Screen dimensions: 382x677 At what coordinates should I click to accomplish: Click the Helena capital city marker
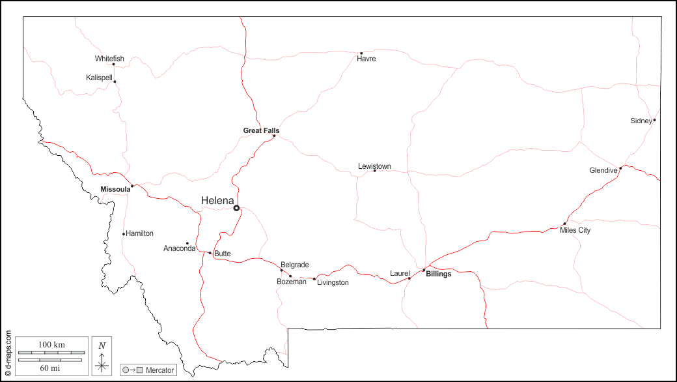coord(237,209)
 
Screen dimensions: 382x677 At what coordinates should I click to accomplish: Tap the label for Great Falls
coord(261,130)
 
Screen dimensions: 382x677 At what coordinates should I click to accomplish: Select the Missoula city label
coord(115,189)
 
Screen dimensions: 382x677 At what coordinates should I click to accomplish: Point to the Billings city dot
coord(424,270)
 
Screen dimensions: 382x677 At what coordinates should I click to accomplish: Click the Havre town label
coord(366,59)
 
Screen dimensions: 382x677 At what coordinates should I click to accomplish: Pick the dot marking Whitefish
coord(113,64)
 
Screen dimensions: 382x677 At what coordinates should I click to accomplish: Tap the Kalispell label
coord(99,78)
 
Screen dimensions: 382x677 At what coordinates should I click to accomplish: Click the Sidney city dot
coord(654,120)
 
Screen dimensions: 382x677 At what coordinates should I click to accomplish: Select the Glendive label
coord(603,171)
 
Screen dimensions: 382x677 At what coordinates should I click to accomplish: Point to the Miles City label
coord(575,230)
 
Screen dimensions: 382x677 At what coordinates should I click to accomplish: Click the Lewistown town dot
coord(374,171)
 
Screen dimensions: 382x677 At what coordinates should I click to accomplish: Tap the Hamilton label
coord(139,233)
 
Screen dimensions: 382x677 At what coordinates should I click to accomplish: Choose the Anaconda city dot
coord(187,243)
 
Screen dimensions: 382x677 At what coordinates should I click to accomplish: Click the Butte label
coord(222,254)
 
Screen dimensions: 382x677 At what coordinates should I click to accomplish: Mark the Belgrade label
coord(294,265)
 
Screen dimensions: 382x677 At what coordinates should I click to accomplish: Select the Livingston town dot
coord(314,279)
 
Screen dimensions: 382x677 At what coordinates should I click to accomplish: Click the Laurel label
coord(400,273)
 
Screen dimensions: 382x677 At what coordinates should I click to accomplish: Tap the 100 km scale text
coord(51,344)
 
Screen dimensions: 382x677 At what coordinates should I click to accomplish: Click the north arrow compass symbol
coord(102,358)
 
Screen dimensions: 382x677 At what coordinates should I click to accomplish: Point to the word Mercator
coord(159,370)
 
